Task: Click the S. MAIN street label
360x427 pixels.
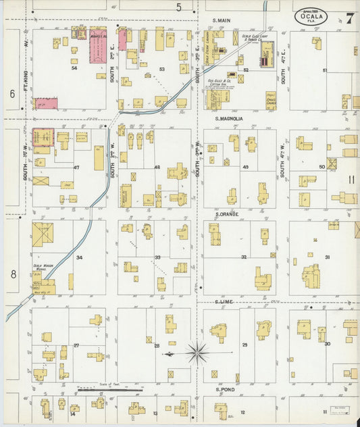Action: pos(221,21)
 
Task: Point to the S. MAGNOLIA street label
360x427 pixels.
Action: pos(229,118)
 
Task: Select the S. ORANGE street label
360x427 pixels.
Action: pos(226,214)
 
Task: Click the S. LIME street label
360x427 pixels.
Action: pos(223,302)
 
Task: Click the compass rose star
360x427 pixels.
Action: pos(197,352)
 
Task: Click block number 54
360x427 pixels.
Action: pos(74,68)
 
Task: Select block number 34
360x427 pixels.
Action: pos(79,257)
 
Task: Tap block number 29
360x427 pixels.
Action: pos(245,345)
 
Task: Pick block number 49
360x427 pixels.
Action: pos(245,167)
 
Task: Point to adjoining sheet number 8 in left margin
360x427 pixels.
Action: pos(12,274)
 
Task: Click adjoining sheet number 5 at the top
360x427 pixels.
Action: pos(179,7)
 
